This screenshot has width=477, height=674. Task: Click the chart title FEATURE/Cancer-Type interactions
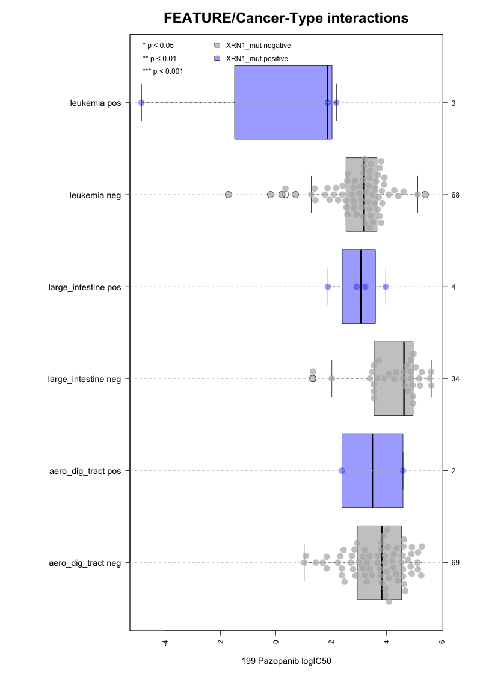[x=286, y=19]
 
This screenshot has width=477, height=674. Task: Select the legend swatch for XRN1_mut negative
[x=217, y=45]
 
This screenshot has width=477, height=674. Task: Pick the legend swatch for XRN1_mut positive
[x=217, y=58]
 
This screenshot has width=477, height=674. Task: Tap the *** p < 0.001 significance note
[x=162, y=71]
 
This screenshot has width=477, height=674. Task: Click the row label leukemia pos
[x=95, y=103]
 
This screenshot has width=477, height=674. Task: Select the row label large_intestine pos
[x=84, y=287]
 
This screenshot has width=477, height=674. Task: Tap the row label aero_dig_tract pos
[x=85, y=471]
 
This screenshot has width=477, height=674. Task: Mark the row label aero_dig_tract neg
[x=85, y=563]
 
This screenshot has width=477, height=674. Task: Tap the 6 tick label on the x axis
[x=442, y=642]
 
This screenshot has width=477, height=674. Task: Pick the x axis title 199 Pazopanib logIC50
[x=286, y=661]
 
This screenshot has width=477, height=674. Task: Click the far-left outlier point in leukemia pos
[x=141, y=103]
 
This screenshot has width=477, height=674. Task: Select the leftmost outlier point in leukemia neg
[x=229, y=195]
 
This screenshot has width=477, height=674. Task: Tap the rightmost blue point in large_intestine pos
[x=386, y=287]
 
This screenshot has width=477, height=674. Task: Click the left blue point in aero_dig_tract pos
[x=342, y=470]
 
